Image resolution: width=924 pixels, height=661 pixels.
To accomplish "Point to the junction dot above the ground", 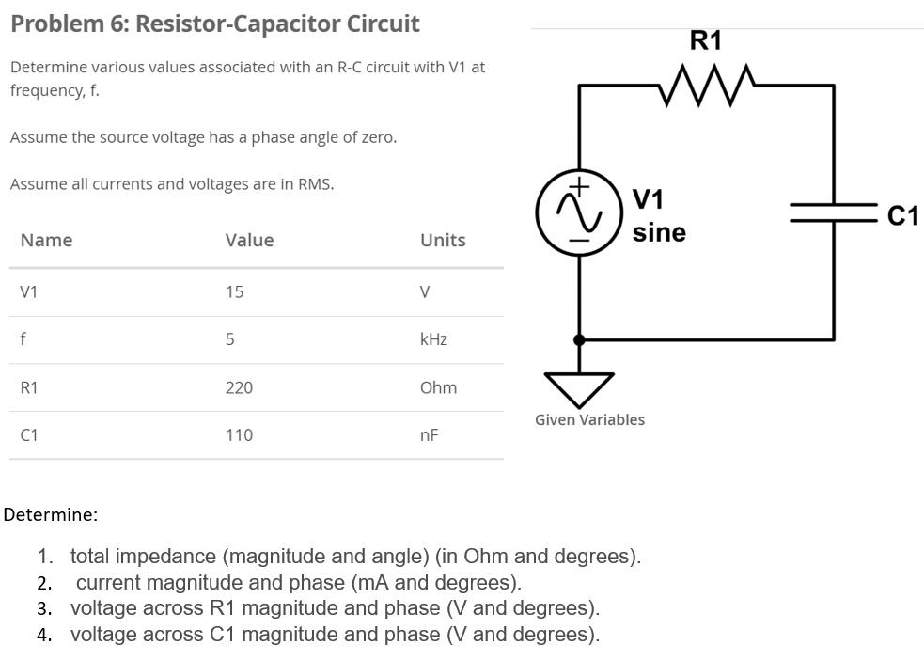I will [x=579, y=339].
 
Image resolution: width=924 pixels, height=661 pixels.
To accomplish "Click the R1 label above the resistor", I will [x=706, y=40].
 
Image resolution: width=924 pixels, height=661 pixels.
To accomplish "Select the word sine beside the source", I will [x=659, y=232].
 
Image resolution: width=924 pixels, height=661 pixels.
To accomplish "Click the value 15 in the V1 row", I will [x=234, y=292].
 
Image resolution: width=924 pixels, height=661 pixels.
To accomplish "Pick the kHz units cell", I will [x=433, y=339].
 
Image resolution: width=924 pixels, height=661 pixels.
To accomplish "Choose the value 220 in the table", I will [x=239, y=387].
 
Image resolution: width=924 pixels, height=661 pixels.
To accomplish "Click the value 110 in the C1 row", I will [x=239, y=435].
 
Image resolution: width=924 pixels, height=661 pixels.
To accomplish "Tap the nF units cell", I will [x=429, y=435].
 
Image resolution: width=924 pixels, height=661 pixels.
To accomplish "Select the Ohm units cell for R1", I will [x=438, y=387].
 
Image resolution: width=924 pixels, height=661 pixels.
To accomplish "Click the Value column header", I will [x=249, y=240].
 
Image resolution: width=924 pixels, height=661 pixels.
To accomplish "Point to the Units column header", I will [x=443, y=240].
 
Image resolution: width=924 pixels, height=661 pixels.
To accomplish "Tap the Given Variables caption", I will [x=589, y=419].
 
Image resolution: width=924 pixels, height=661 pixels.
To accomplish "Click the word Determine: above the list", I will [x=51, y=514].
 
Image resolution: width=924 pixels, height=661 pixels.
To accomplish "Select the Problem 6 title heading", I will [x=215, y=24].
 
